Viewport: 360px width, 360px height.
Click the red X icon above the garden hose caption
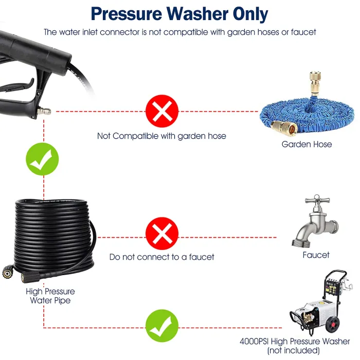[161, 111]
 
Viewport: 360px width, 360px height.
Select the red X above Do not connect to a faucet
[161, 234]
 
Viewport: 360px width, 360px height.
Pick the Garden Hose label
[307, 145]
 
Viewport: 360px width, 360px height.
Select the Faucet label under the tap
[316, 255]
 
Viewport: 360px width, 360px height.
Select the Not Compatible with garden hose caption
[161, 136]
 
